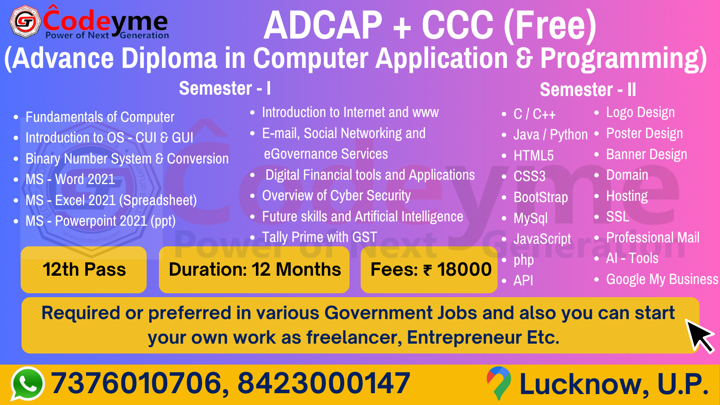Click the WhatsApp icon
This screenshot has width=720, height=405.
28,384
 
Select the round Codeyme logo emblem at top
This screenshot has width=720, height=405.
25,22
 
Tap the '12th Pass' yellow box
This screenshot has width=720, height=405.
83,270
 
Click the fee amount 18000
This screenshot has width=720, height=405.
464,269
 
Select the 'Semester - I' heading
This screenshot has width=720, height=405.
225,88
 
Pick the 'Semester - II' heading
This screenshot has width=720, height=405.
588,89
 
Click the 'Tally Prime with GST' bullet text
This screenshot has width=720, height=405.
320,237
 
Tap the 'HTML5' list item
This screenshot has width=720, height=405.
533,156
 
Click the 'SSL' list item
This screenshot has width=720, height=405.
617,217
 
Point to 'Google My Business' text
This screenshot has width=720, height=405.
662,279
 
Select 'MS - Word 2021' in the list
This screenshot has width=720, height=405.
70,179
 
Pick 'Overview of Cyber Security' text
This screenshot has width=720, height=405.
336,195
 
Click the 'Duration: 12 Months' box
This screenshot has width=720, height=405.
254,270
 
